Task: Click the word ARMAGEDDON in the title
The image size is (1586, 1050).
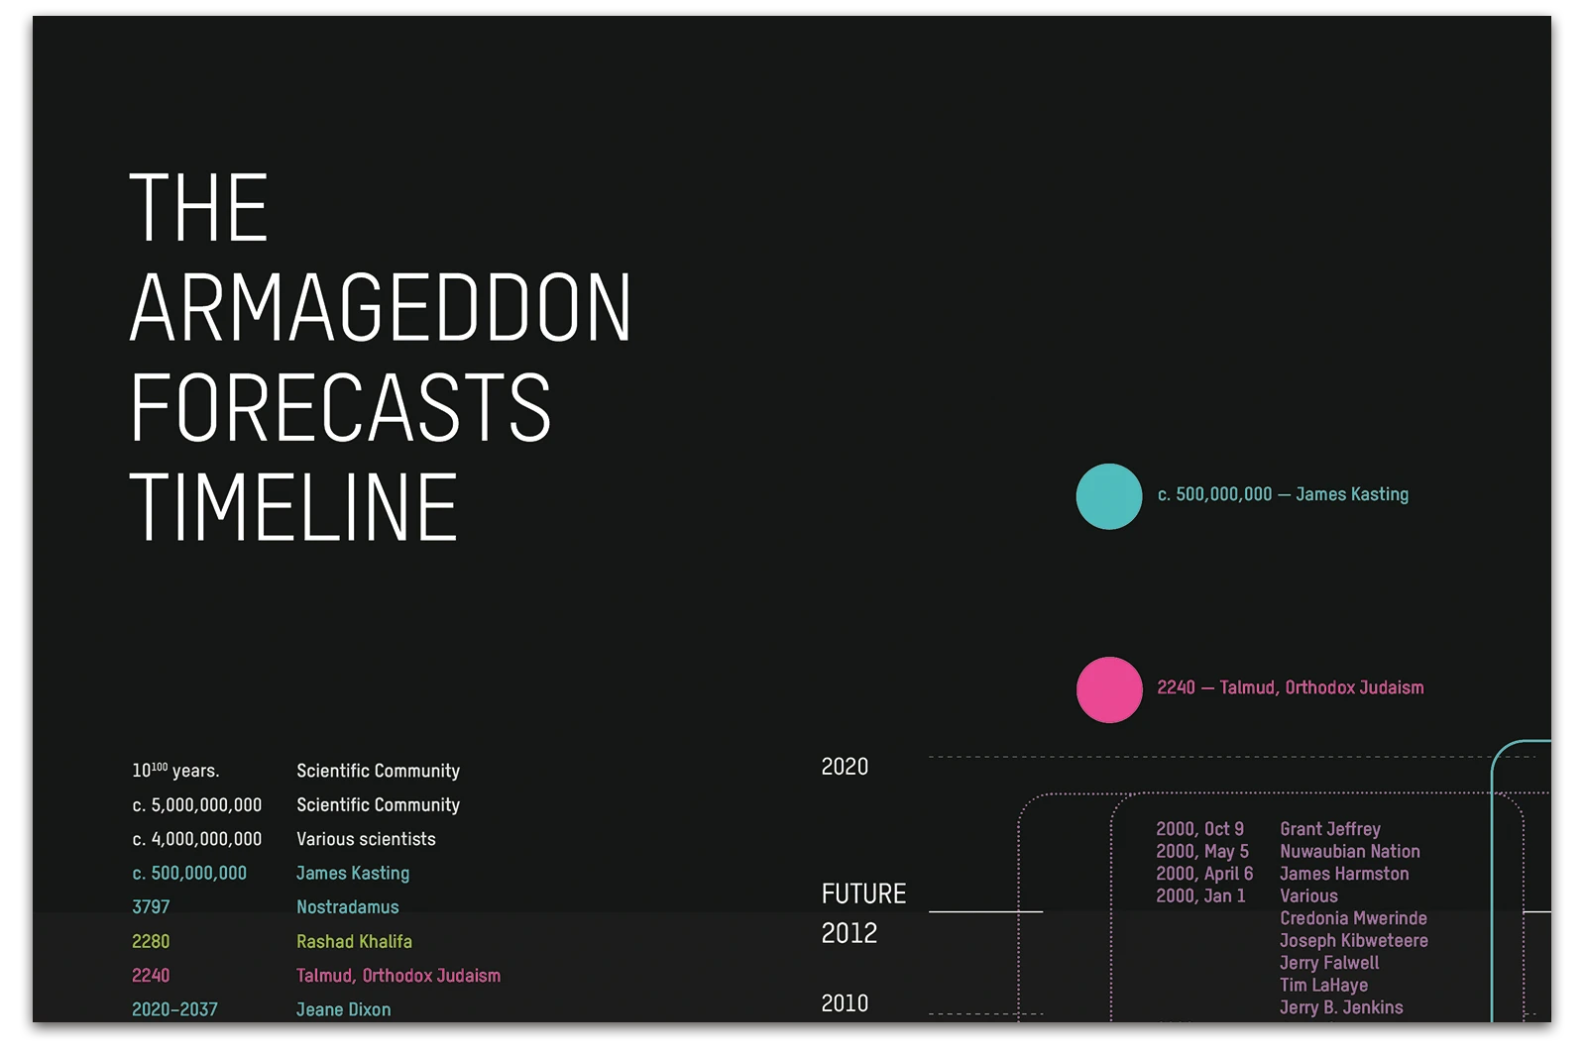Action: [381, 307]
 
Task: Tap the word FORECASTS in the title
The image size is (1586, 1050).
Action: [340, 407]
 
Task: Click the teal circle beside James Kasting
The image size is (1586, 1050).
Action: [1109, 496]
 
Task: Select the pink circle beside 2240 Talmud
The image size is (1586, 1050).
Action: [1109, 689]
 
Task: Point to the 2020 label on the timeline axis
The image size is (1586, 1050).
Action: [845, 767]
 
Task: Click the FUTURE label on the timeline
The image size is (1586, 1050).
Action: [863, 894]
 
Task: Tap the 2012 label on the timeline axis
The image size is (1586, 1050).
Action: [850, 933]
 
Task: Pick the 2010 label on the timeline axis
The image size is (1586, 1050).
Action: [845, 1003]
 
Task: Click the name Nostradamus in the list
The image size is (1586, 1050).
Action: [347, 907]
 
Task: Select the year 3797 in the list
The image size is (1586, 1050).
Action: [151, 907]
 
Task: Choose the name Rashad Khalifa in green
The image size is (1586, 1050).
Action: [354, 942]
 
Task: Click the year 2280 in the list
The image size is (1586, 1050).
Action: [151, 942]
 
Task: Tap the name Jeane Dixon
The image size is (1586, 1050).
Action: [343, 1009]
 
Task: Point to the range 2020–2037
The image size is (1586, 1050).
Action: [174, 1009]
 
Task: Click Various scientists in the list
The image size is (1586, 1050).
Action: [366, 839]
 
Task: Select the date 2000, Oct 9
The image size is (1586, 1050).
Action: [1199, 829]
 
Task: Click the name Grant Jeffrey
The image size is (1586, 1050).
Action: [1329, 829]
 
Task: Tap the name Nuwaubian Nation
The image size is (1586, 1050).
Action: [1349, 852]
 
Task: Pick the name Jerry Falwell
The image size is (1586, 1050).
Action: [1328, 963]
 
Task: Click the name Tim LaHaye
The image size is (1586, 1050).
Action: [1323, 986]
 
